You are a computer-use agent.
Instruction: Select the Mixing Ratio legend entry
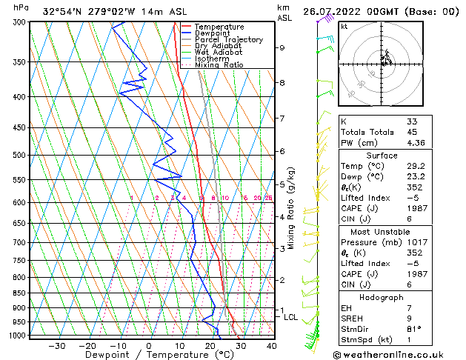pos(219,65)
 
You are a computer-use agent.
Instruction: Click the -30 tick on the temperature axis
pos(56,345)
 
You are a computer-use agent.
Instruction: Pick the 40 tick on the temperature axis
pos(271,345)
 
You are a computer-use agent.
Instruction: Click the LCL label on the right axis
pos(291,317)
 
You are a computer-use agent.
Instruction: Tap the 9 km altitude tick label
pos(282,47)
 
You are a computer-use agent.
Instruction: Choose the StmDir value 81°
pos(413,329)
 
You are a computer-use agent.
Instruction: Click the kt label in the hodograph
pos(344,26)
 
